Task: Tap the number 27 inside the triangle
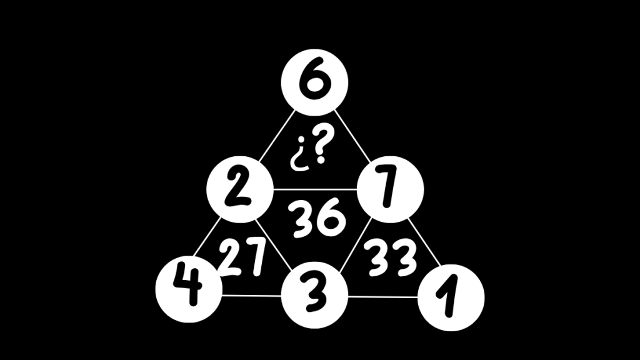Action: [242, 257]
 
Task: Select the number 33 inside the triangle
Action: [391, 257]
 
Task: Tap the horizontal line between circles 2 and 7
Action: [314, 188]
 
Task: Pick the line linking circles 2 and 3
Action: [276, 241]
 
